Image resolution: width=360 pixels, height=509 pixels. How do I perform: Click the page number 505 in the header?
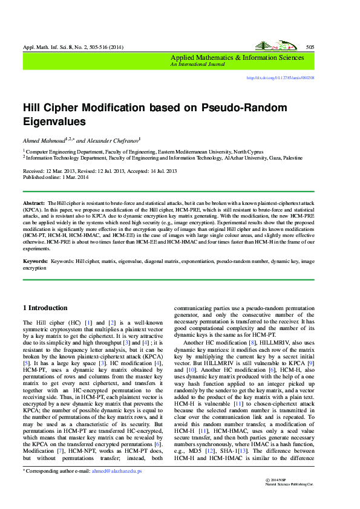tap(310, 47)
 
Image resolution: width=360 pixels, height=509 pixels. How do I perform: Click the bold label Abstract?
tap(34, 203)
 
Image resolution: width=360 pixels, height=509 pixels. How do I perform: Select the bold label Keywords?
tap(35, 261)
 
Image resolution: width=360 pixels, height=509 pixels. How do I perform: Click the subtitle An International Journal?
tap(195, 64)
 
